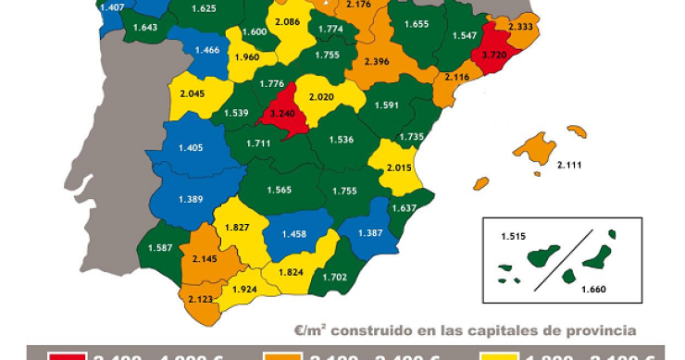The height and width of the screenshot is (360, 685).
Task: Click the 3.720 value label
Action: click(x=490, y=56)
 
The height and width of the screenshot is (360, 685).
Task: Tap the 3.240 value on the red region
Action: click(x=280, y=115)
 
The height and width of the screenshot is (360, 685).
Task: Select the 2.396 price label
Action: click(x=377, y=62)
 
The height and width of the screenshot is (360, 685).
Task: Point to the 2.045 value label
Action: click(x=193, y=93)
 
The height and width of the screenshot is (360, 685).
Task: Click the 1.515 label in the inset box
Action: click(x=513, y=237)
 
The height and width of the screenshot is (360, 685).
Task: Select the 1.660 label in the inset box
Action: click(x=593, y=290)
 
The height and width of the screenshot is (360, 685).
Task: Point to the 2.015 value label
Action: click(x=399, y=168)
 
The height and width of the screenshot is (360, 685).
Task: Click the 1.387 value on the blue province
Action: click(x=368, y=233)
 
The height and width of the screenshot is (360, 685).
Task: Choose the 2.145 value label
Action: click(x=205, y=258)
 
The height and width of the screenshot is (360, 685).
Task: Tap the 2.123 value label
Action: click(x=201, y=299)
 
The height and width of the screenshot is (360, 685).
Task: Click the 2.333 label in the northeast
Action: click(x=521, y=28)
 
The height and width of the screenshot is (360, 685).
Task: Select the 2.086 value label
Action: click(x=288, y=21)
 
